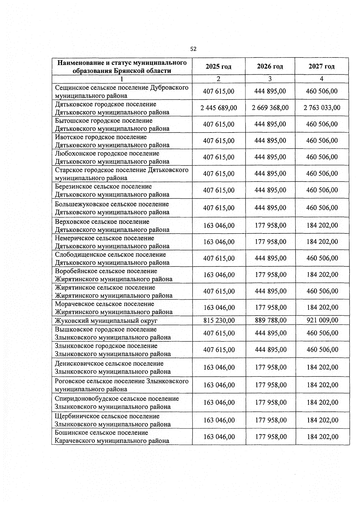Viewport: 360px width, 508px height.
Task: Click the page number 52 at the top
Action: pyautogui.click(x=193, y=49)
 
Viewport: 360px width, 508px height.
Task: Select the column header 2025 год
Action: pyautogui.click(x=218, y=67)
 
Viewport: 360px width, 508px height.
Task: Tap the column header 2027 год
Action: pyautogui.click(x=321, y=67)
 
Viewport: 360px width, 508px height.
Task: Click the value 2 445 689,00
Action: pyautogui.click(x=219, y=108)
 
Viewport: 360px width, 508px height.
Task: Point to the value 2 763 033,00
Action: pyautogui.click(x=322, y=108)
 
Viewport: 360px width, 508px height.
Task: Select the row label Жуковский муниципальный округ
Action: pyautogui.click(x=106, y=321)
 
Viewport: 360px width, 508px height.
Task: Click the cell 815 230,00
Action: pyautogui.click(x=219, y=320)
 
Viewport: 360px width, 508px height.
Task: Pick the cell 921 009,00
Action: pyautogui.click(x=322, y=320)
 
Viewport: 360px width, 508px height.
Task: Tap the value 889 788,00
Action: pyautogui.click(x=270, y=320)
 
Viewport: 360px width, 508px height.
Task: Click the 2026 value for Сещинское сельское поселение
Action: pyautogui.click(x=270, y=91)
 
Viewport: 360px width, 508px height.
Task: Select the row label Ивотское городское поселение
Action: pyautogui.click(x=101, y=137)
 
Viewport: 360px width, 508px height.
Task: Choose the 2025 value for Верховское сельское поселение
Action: pyautogui.click(x=219, y=225)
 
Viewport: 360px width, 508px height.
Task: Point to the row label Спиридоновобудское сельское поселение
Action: pyautogui.click(x=117, y=399)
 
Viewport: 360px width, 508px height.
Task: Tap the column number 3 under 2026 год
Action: pyautogui.click(x=270, y=79)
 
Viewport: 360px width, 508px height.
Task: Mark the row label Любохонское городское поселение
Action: pyautogui.click(x=107, y=154)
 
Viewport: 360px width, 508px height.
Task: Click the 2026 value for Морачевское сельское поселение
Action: pyautogui.click(x=271, y=307)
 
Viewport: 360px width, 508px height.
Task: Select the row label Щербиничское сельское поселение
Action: pyautogui.click(x=107, y=416)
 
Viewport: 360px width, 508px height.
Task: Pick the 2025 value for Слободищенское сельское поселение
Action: pyautogui.click(x=219, y=258)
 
